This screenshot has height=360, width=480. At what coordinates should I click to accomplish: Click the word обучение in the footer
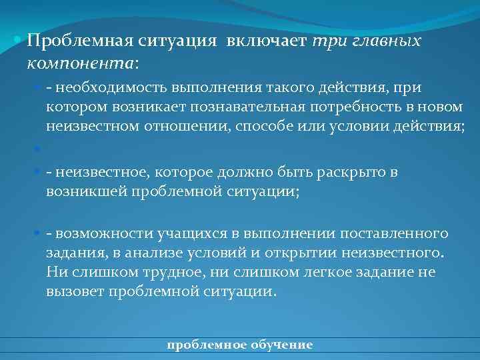click(x=280, y=345)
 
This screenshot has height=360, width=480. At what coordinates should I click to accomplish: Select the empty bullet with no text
click(x=37, y=150)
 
